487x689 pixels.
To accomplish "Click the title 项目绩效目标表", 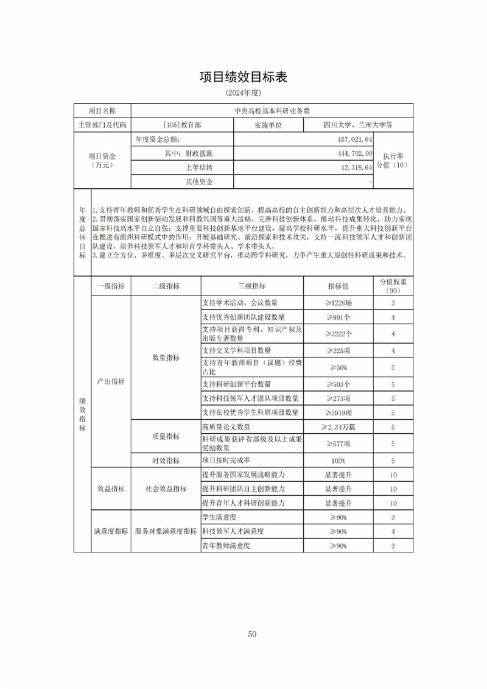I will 243,77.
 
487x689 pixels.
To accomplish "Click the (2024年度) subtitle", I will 243,94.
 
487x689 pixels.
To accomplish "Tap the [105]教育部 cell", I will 182,125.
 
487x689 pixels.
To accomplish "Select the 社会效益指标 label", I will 166,489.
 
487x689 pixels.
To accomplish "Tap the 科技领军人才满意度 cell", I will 235,532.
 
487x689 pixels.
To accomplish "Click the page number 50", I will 252,634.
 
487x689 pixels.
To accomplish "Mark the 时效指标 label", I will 166,460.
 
